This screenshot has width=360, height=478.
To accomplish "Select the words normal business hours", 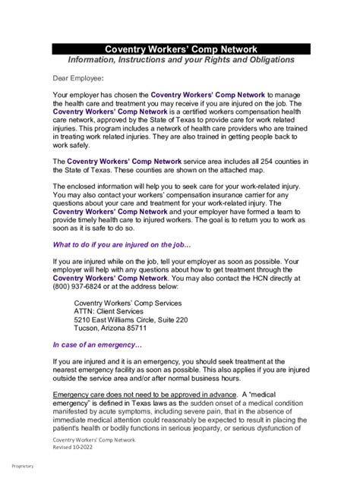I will click(x=187, y=378).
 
